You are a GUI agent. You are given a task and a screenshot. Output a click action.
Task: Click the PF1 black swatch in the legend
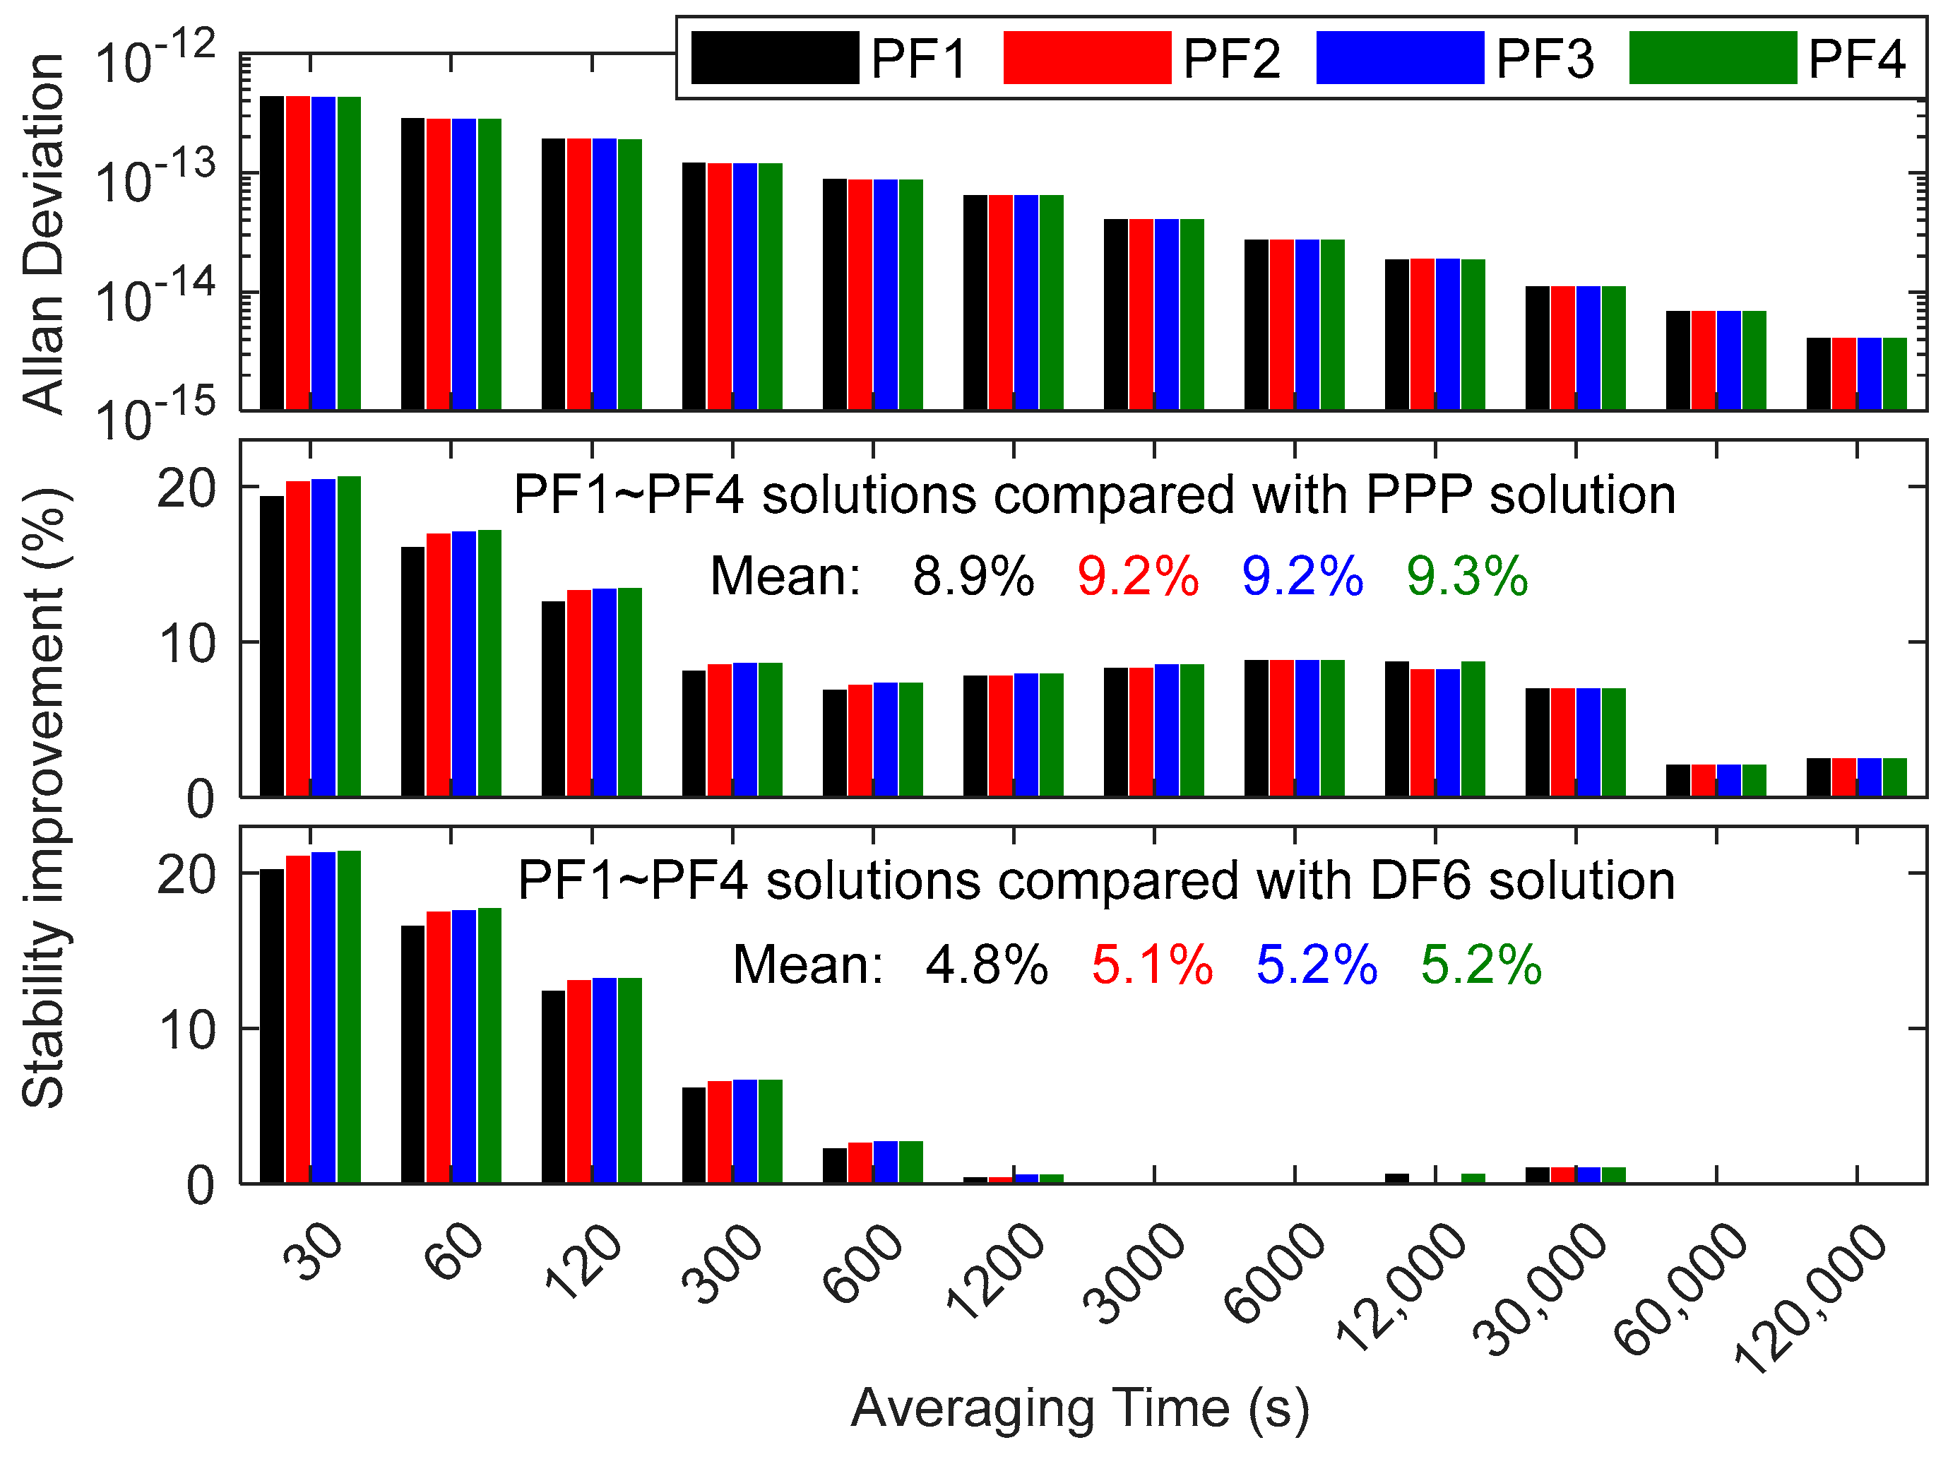774,58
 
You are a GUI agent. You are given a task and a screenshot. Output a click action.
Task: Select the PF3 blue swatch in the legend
1399,58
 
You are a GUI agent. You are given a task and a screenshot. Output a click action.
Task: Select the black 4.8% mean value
987,964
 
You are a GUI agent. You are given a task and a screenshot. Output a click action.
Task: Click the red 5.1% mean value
1151,964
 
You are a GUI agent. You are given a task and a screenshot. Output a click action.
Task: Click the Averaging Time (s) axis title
1079,1408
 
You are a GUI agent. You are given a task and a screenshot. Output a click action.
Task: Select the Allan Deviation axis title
44,234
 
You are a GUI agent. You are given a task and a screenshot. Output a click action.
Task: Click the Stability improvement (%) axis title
44,798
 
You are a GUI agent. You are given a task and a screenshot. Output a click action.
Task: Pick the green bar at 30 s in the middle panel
348,637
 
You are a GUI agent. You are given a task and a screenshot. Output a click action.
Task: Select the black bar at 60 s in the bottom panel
412,1054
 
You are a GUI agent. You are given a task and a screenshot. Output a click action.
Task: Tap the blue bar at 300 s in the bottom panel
745,1131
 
